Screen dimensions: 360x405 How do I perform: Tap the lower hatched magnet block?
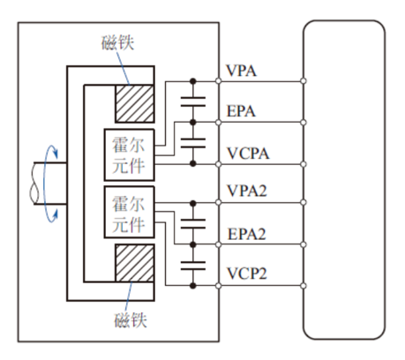[x=135, y=271]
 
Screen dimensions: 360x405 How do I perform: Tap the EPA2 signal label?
[x=247, y=234]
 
